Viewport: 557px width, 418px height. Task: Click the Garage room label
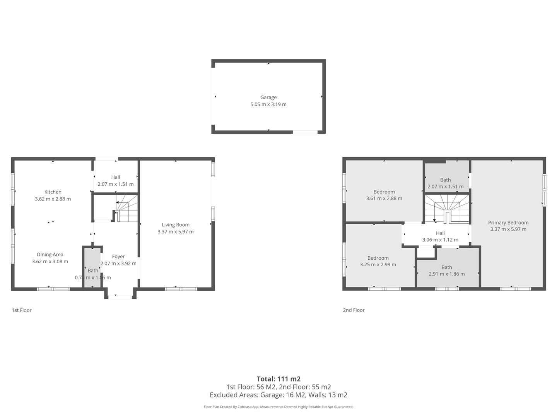coord(268,98)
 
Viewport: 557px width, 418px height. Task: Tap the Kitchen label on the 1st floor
coord(53,192)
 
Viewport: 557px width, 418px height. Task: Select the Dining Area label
coord(50,255)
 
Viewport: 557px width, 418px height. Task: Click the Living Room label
coord(175,225)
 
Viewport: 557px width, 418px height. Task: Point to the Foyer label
coord(118,257)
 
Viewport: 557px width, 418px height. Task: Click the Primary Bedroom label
coord(508,223)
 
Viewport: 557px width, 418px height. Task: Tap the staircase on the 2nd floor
coord(447,209)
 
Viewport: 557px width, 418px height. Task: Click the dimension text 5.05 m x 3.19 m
coord(268,104)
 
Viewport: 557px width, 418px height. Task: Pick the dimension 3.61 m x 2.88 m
coord(384,199)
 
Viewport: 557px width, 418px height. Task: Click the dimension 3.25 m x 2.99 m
coord(378,265)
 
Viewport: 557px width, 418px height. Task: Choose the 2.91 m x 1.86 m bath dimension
coord(446,274)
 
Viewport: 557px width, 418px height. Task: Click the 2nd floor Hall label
coord(440,233)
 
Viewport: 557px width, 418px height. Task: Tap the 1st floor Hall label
coord(115,177)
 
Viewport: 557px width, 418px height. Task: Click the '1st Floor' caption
coord(22,310)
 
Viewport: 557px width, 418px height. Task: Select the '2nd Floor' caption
coord(354,310)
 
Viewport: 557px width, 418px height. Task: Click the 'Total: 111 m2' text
coord(278,379)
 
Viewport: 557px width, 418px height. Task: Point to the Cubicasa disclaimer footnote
coord(278,407)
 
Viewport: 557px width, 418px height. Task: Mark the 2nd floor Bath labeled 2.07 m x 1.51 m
coord(446,180)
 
